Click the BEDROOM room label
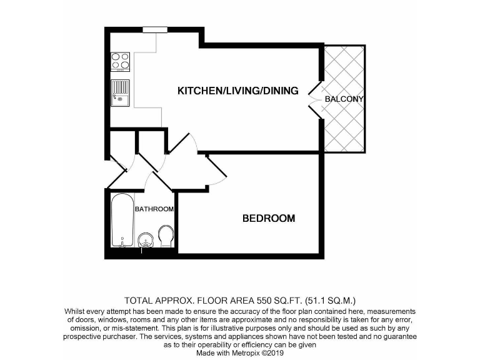[268, 219]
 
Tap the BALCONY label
[344, 99]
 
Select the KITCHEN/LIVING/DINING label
[237, 91]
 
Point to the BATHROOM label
[154, 209]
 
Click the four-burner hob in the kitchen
[120, 61]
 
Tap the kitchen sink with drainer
[120, 93]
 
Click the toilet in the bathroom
[166, 236]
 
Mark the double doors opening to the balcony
[314, 99]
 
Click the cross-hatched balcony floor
[344, 125]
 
